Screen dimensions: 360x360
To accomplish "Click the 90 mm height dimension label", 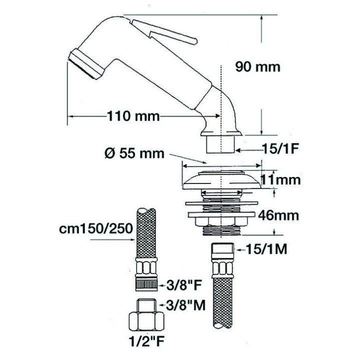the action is tap(258, 67).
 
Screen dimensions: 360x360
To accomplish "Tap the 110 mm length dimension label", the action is tap(133, 116).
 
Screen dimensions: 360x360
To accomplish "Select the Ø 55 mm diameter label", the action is tap(134, 153).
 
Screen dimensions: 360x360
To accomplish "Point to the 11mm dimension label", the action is tap(281, 180).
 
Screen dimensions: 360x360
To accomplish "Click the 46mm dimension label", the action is tap(278, 215).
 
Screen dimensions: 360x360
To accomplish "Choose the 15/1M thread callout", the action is tap(266, 249).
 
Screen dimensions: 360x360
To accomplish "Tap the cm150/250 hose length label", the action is tap(96, 228).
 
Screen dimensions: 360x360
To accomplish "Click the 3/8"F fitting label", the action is tap(183, 285).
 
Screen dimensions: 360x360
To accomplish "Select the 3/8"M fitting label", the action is tap(185, 305).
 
